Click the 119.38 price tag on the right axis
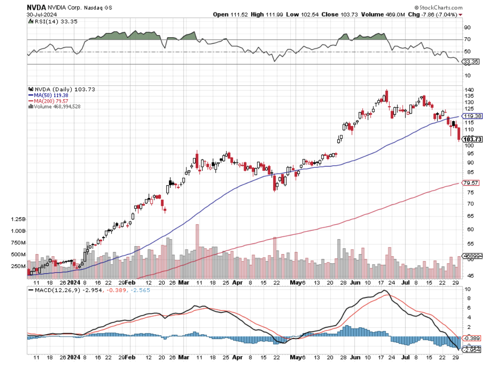[x=473, y=116]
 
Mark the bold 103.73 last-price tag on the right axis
[x=473, y=139]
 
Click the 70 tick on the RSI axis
[x=468, y=39]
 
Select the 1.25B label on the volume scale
[x=19, y=219]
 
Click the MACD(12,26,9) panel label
[x=55, y=290]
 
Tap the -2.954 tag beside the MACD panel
[x=472, y=350]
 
